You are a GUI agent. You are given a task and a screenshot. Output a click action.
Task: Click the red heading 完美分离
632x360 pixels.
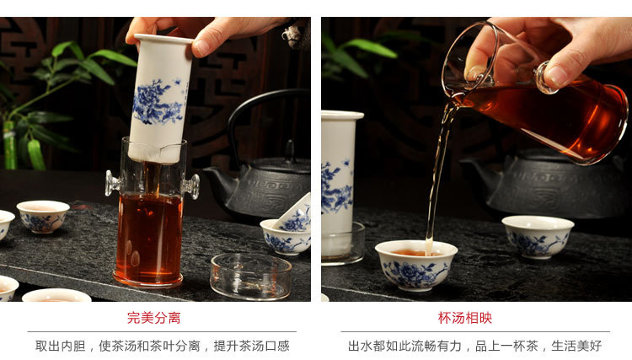coord(153,318)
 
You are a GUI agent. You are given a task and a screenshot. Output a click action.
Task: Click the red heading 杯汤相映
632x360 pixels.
coord(464,318)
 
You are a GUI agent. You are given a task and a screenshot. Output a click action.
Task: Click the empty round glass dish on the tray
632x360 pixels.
coord(251,277)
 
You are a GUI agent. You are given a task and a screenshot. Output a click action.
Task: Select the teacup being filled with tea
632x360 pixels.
coord(416,265)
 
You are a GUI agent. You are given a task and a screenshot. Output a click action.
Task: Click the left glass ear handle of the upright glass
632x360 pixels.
coord(112,183)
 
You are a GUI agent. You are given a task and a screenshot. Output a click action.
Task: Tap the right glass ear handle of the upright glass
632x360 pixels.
coord(191,186)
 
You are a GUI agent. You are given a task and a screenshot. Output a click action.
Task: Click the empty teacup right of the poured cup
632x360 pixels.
coord(538,236)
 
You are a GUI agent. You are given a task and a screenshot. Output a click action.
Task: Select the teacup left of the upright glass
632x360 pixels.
coord(43,217)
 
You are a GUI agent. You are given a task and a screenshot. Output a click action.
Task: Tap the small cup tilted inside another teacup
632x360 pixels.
coord(294,216)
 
